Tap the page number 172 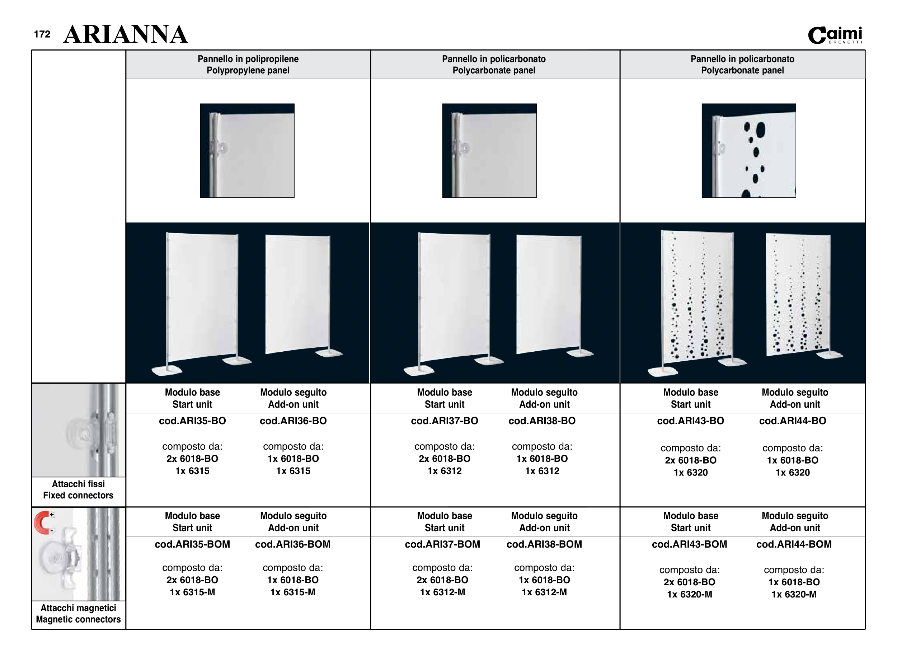point(42,34)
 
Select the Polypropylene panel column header point(248,65)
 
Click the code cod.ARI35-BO point(192,421)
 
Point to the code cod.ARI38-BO point(542,421)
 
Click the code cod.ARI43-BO point(690,421)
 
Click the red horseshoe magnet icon point(42,522)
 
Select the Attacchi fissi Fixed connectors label point(79,490)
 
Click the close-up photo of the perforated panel point(748,150)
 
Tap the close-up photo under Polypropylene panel point(247,150)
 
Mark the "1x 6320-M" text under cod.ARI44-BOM point(794,595)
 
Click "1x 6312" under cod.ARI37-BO point(444,471)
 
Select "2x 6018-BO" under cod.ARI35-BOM point(192,580)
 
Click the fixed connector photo point(79,430)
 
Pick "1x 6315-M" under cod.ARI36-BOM point(292,592)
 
